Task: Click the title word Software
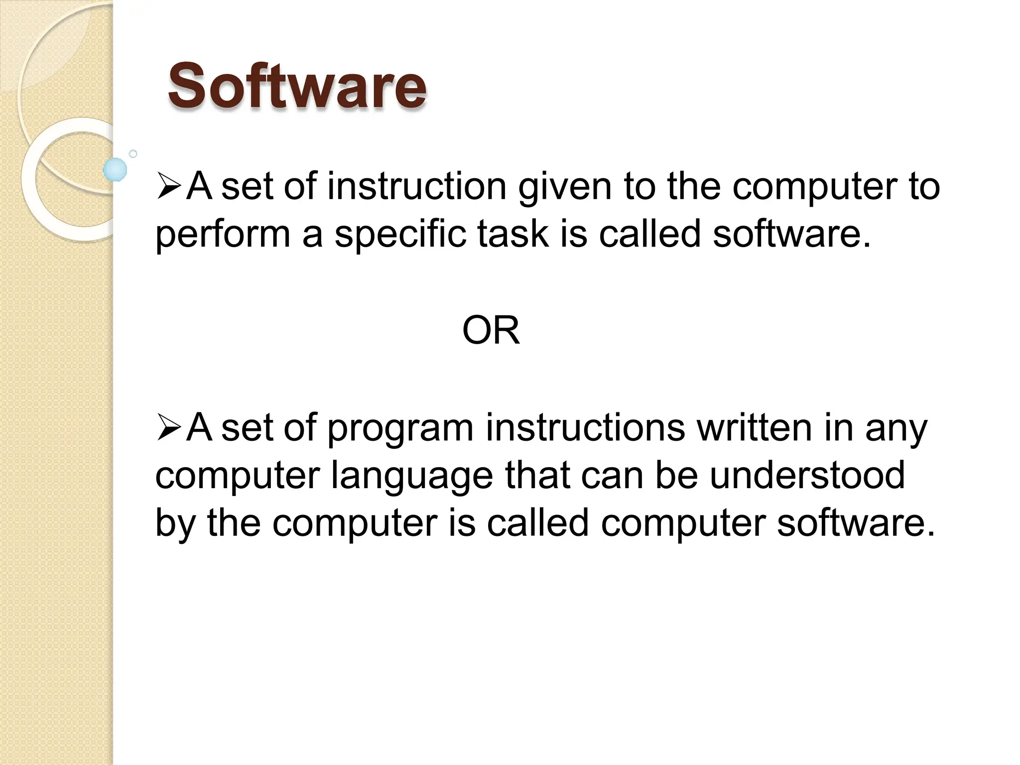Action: coord(297,86)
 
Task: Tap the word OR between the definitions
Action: coord(491,330)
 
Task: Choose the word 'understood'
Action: coord(807,475)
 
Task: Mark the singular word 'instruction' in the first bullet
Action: coord(416,186)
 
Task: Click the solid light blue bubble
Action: coord(115,169)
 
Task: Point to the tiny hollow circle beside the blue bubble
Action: coord(133,154)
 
